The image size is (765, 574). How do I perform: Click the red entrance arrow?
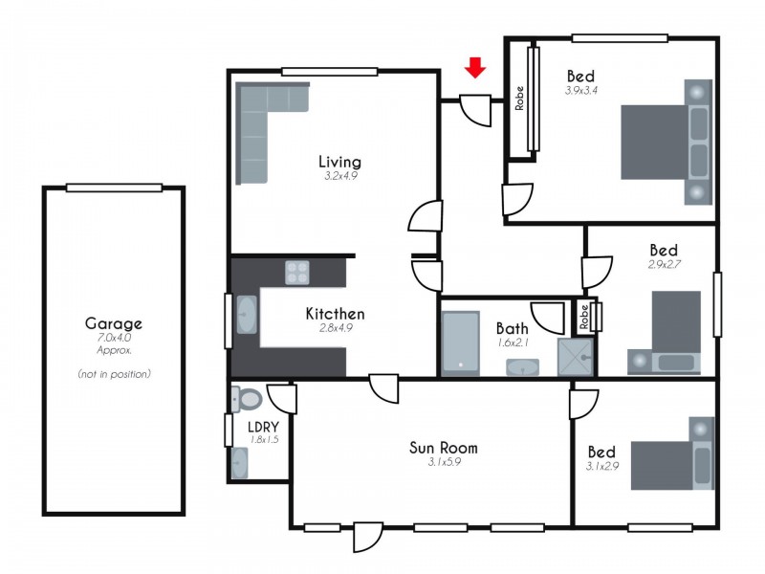click(x=475, y=67)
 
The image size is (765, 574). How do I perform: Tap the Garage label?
click(x=114, y=323)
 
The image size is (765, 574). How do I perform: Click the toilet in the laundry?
click(x=247, y=398)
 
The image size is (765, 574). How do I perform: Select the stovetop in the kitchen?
click(x=297, y=273)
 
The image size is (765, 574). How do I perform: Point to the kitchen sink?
click(x=245, y=314)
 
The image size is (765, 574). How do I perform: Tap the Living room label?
click(x=339, y=161)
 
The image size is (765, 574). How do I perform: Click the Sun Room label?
click(x=443, y=447)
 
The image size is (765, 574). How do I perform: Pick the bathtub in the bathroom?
click(x=460, y=342)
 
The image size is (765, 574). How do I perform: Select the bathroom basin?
click(x=522, y=367)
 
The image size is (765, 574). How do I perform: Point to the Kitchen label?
click(x=335, y=313)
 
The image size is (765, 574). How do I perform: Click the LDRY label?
click(x=262, y=426)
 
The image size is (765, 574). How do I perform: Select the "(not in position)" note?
click(x=114, y=374)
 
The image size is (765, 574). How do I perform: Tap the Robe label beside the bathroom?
click(x=582, y=315)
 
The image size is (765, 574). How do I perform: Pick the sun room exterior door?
click(x=367, y=536)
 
